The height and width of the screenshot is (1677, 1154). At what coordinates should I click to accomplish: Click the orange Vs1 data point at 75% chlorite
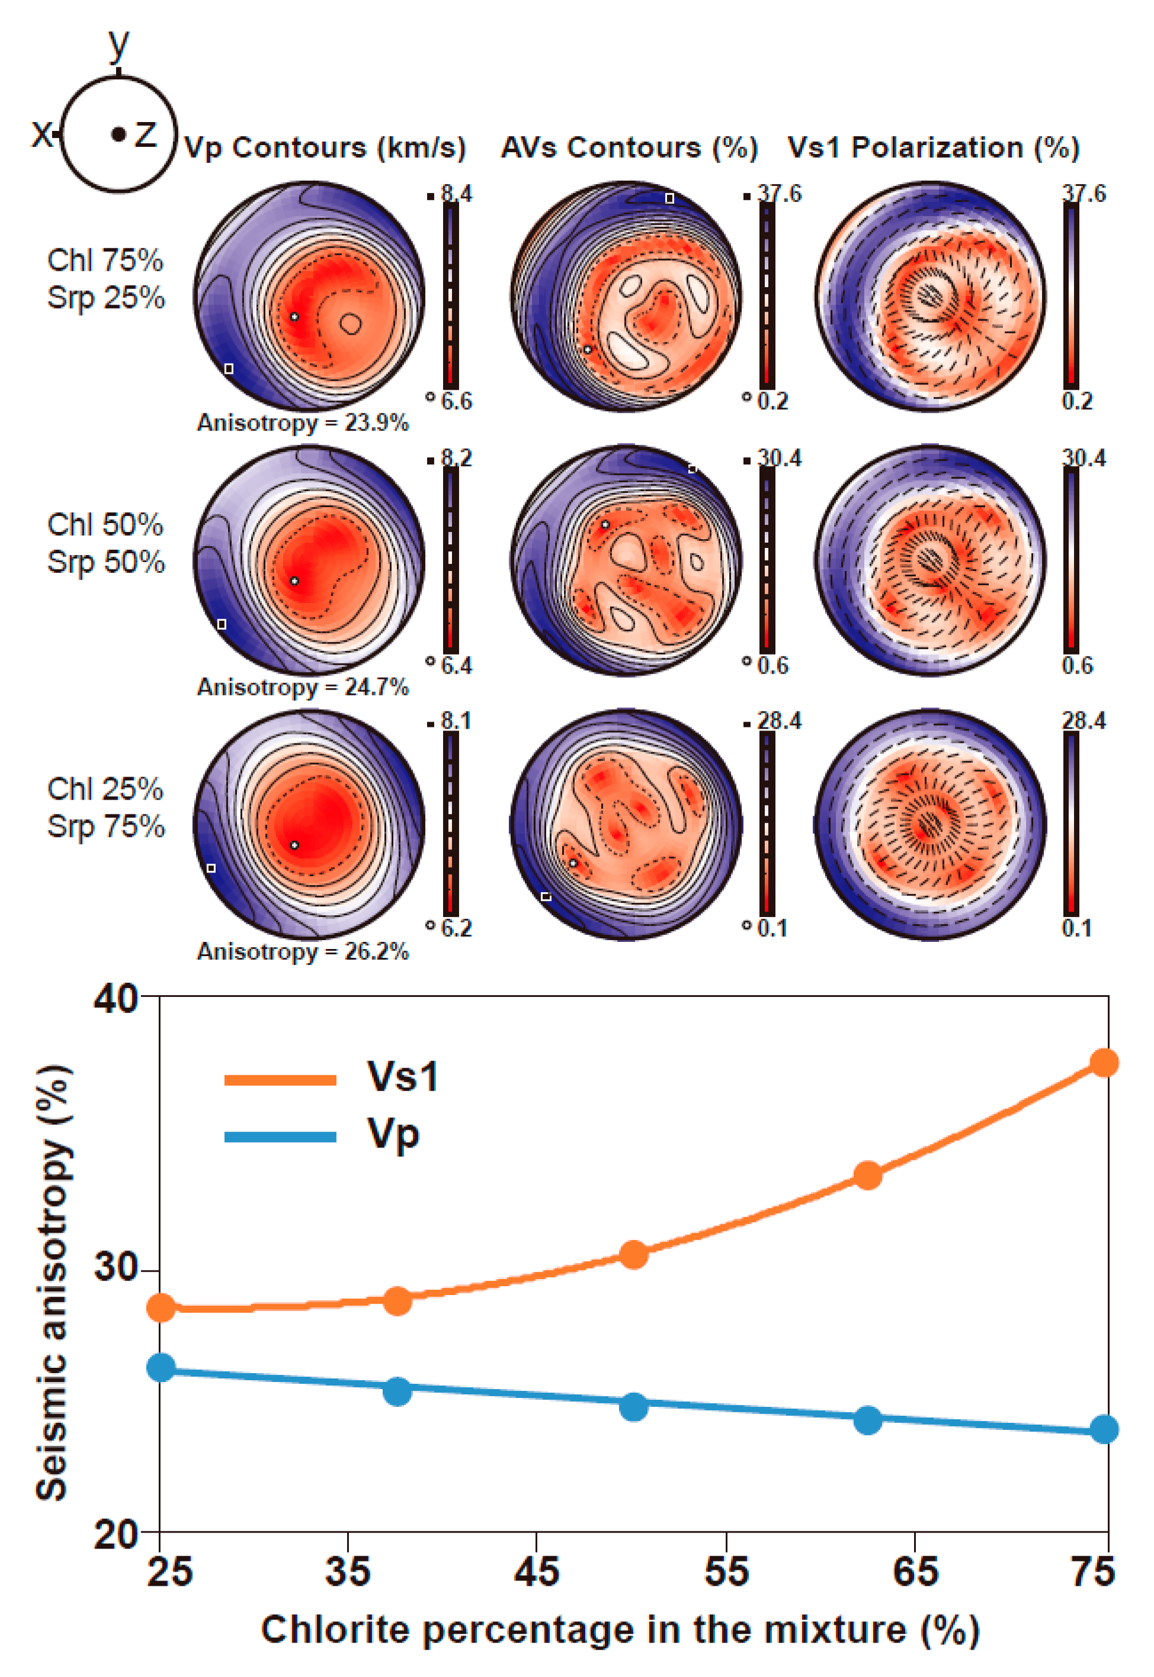click(x=1104, y=1063)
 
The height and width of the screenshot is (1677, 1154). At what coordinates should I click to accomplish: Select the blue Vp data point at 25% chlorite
click(x=161, y=1367)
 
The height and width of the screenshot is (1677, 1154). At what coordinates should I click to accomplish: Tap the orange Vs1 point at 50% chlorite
click(x=633, y=1255)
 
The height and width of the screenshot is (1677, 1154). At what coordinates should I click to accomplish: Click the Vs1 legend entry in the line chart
click(x=402, y=1076)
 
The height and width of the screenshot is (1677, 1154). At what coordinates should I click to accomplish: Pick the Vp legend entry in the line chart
click(x=393, y=1133)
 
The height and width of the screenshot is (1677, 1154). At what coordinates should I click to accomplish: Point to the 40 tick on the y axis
click(x=116, y=998)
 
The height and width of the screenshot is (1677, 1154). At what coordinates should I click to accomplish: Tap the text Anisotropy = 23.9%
click(x=303, y=422)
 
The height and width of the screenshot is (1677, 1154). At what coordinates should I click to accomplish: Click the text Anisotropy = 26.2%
click(x=303, y=951)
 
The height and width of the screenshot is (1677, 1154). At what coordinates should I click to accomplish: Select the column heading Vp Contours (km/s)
click(x=325, y=148)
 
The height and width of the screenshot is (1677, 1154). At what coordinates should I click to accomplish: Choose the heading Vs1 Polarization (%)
click(x=933, y=148)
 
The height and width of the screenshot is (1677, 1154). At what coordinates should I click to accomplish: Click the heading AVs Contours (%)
click(x=629, y=148)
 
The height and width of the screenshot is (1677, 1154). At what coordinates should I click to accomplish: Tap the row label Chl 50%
click(x=105, y=525)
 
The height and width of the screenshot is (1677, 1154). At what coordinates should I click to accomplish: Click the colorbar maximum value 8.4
click(x=456, y=194)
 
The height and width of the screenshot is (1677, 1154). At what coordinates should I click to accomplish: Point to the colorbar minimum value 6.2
click(x=456, y=928)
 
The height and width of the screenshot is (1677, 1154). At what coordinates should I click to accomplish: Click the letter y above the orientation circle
click(x=118, y=45)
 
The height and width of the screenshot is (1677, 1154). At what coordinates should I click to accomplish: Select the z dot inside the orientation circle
click(x=119, y=134)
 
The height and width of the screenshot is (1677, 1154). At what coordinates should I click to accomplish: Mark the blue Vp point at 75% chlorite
click(x=1104, y=1429)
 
